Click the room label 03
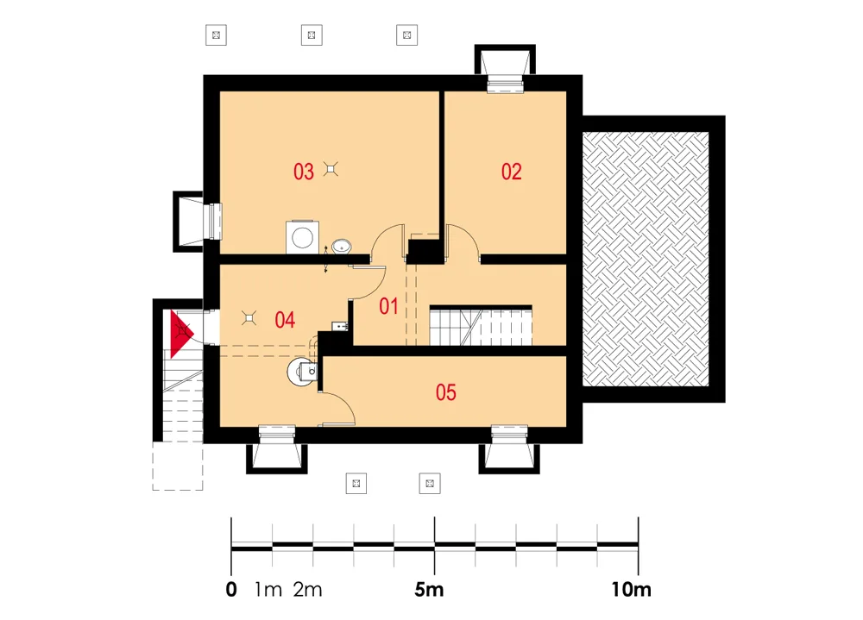(303, 172)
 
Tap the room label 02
(511, 172)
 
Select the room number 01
(388, 306)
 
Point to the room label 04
(285, 320)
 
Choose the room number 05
(445, 392)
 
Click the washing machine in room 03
(302, 237)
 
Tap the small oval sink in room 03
(341, 246)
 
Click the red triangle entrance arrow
(180, 334)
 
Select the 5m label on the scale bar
(429, 590)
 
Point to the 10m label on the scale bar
(631, 590)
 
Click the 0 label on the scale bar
(231, 590)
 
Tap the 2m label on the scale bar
(307, 590)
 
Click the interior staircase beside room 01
(481, 326)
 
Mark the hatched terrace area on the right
(646, 259)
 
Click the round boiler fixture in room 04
(301, 372)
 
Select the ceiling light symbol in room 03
(331, 169)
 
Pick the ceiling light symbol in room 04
(249, 318)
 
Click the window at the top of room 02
(505, 85)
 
